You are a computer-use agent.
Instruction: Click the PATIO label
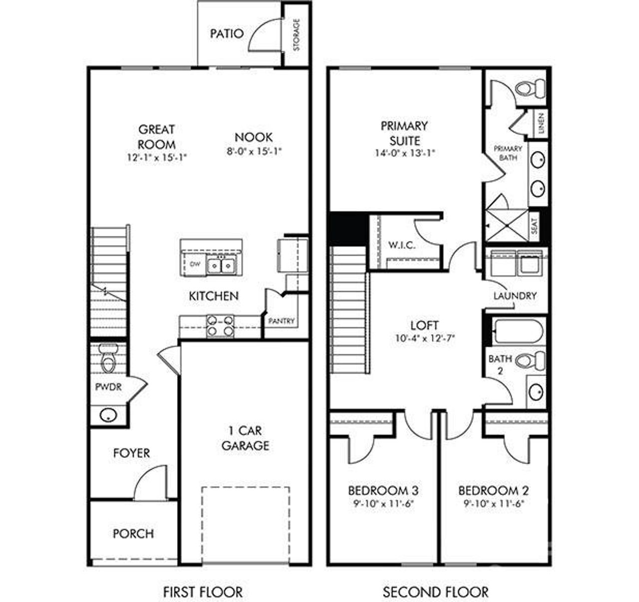pos(227,34)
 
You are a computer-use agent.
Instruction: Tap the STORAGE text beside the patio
pos(297,35)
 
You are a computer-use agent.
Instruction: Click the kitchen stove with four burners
pos(220,325)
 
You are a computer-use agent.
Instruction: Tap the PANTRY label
pos(282,321)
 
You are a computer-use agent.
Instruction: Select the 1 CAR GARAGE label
pos(245,438)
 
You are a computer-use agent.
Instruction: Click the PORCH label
pos(133,534)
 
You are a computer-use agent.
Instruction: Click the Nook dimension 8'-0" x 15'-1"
pos(254,151)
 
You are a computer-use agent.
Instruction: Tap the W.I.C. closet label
pos(402,245)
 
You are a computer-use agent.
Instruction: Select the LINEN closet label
pos(542,123)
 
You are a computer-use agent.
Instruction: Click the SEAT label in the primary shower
pos(534,227)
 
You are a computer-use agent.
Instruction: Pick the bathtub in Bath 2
pos(518,331)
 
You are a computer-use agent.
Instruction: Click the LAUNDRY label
pos(515,296)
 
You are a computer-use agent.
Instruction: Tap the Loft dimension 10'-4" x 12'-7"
pos(424,338)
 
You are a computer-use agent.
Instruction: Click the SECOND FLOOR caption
pos(435,592)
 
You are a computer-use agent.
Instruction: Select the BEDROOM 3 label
pos(383,490)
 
